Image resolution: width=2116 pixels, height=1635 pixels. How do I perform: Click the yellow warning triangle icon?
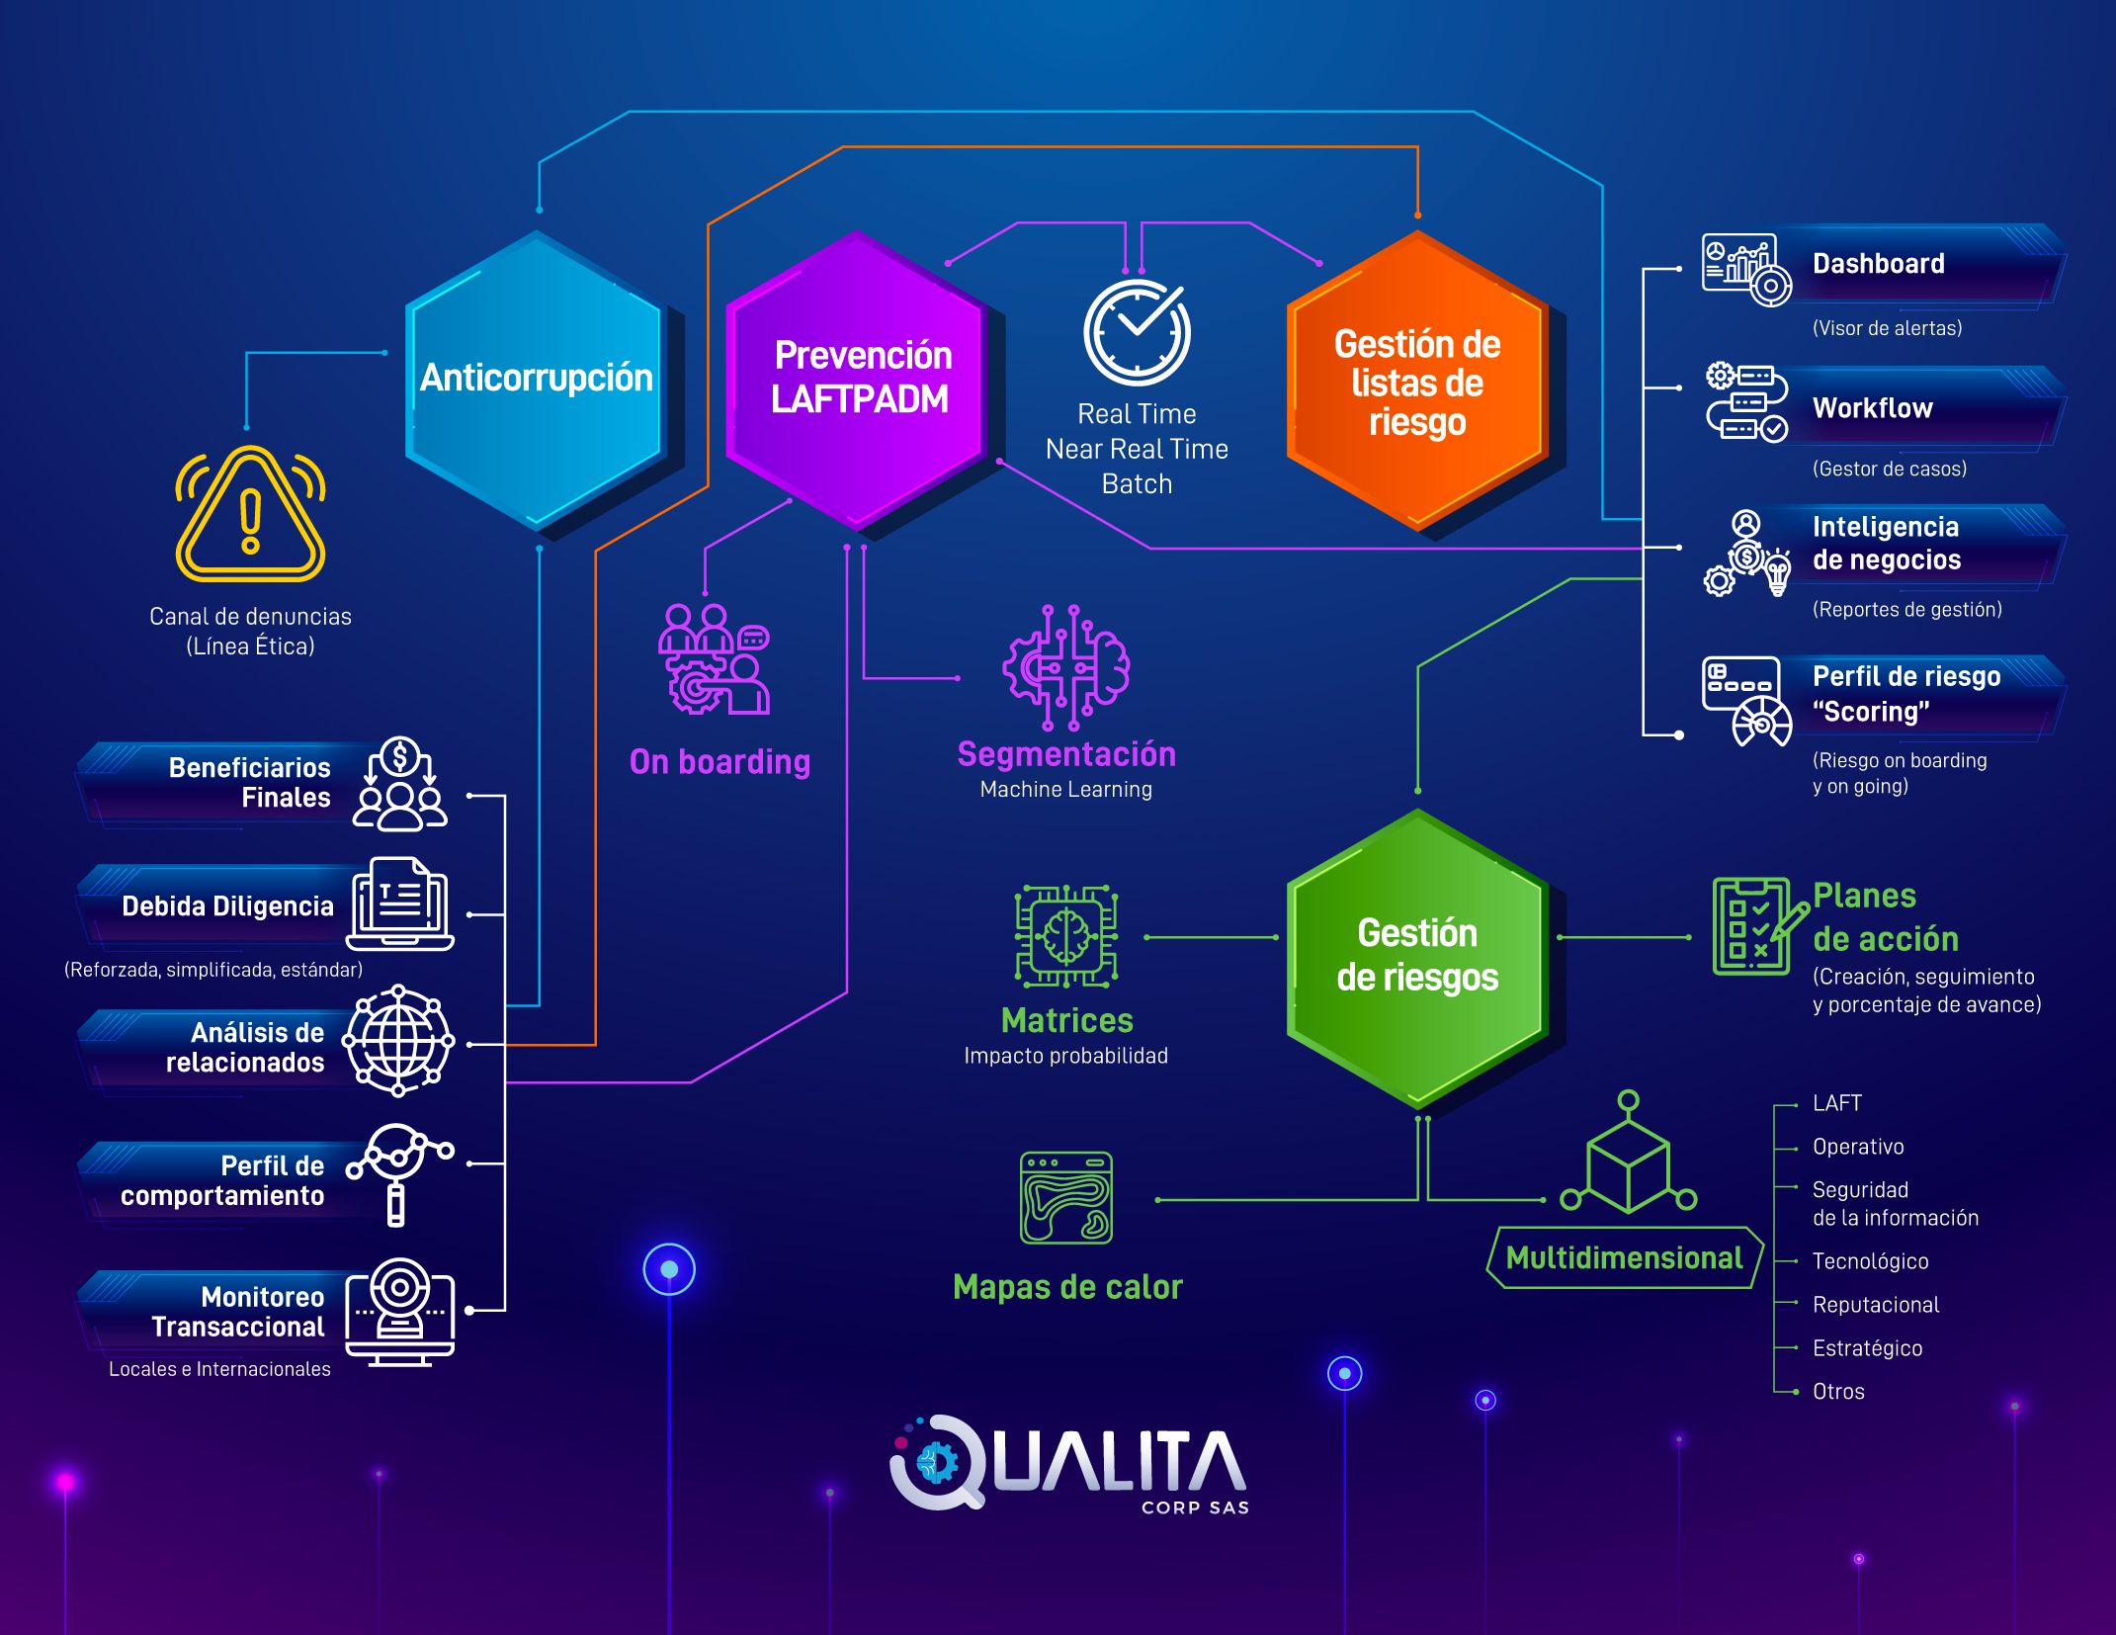click(x=251, y=515)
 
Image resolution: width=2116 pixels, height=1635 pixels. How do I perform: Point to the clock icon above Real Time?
click(x=1137, y=332)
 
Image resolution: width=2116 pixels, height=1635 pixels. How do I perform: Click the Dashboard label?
click(x=1878, y=264)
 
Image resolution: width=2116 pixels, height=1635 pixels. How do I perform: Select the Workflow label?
click(x=1872, y=408)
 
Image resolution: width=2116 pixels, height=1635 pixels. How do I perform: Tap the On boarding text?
click(x=719, y=761)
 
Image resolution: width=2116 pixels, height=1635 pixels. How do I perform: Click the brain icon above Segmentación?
click(x=1066, y=667)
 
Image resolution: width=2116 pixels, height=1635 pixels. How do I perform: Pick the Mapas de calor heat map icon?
click(x=1065, y=1197)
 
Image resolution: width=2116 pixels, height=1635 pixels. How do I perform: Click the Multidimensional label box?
click(x=1624, y=1257)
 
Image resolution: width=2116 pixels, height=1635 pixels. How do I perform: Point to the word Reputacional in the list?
click(x=1875, y=1305)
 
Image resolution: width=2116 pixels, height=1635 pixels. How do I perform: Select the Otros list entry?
click(x=1838, y=1392)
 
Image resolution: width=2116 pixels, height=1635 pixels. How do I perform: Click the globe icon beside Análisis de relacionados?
click(x=398, y=1041)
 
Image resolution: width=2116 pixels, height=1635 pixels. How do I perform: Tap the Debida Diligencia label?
click(x=227, y=906)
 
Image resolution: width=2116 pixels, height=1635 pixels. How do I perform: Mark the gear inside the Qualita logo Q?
click(x=936, y=1463)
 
